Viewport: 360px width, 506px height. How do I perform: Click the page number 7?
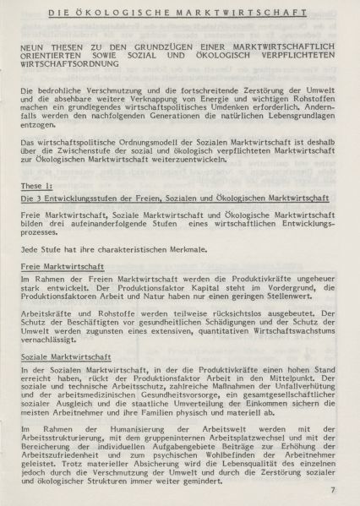[332, 490]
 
